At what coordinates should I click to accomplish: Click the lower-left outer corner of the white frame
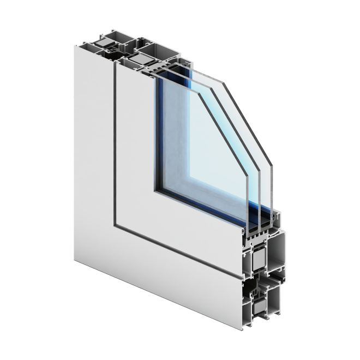click(73, 261)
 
